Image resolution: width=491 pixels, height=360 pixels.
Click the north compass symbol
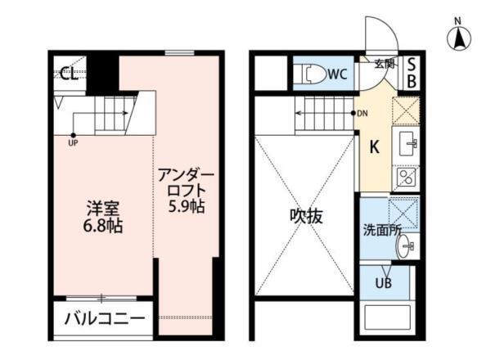pyautogui.click(x=459, y=36)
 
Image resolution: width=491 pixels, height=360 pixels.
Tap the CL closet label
pyautogui.click(x=70, y=74)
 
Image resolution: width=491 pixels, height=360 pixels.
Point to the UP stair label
pyautogui.click(x=74, y=142)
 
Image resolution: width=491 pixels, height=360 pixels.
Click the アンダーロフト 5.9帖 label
pyautogui.click(x=186, y=190)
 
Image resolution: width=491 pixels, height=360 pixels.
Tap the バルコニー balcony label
pyautogui.click(x=104, y=318)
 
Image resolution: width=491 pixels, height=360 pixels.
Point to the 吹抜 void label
pyautogui.click(x=307, y=216)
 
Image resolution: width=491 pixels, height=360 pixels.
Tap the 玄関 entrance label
pyautogui.click(x=385, y=63)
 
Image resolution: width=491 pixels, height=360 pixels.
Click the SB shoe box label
pyautogui.click(x=412, y=73)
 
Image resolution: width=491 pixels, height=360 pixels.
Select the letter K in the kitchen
pyautogui.click(x=374, y=147)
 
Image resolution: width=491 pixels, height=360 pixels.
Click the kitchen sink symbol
pyautogui.click(x=407, y=146)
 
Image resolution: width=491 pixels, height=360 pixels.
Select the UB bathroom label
pyautogui.click(x=383, y=283)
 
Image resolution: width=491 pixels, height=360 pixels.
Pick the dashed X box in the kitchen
pyautogui.click(x=406, y=110)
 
